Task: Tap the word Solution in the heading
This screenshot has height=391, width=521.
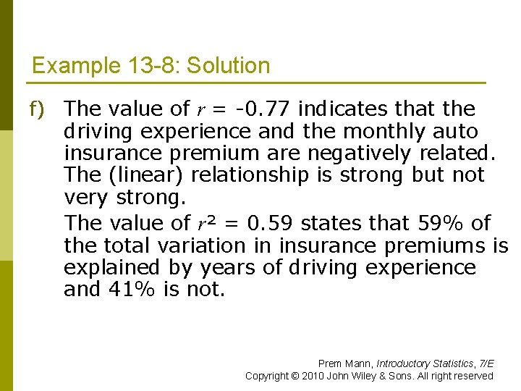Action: tap(228, 66)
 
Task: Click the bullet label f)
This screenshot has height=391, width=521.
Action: tap(36, 109)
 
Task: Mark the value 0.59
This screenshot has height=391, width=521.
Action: tap(271, 223)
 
